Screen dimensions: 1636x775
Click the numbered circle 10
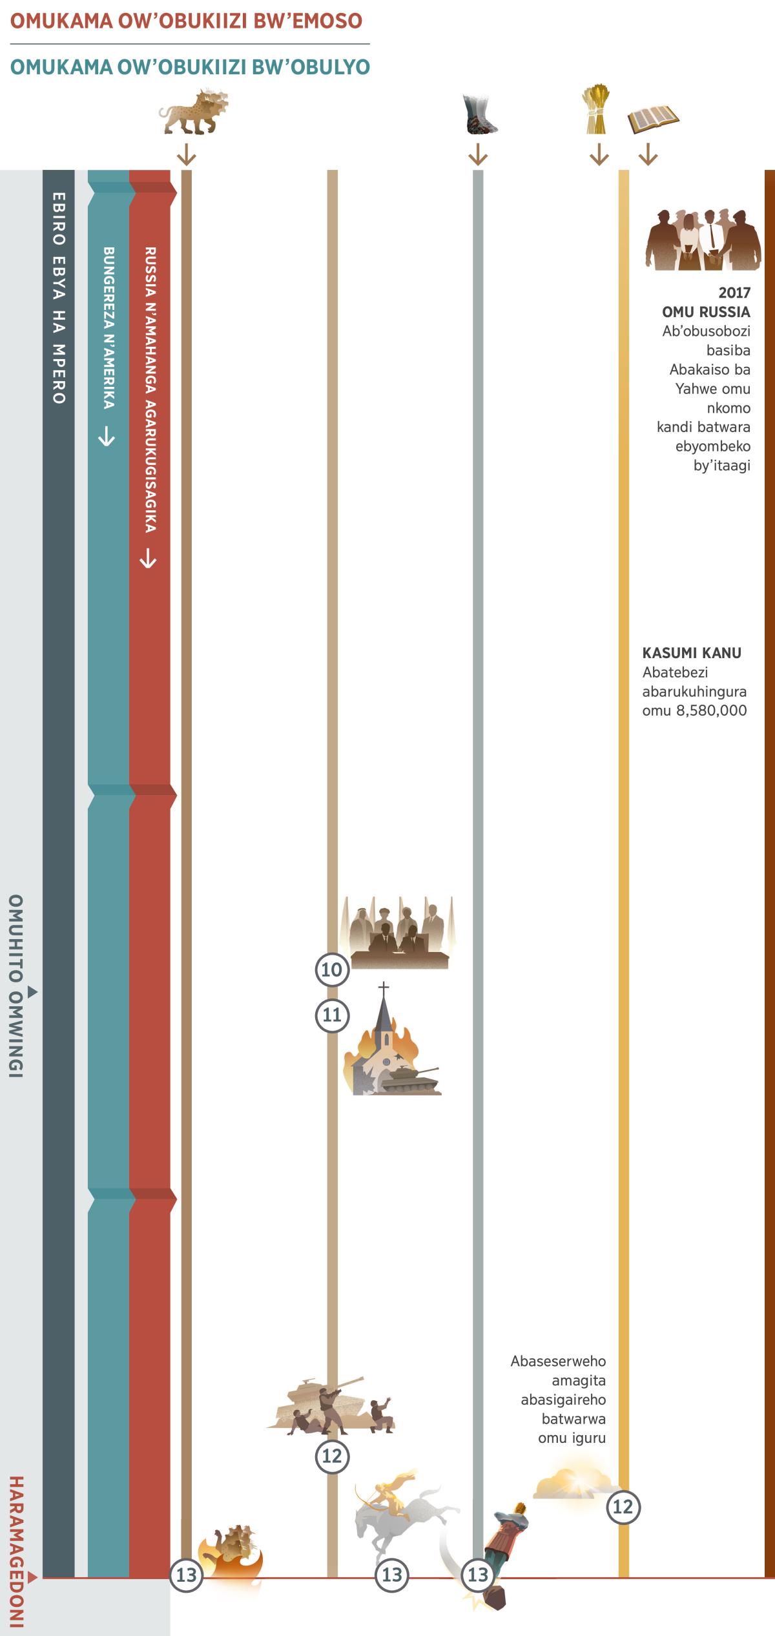(x=331, y=969)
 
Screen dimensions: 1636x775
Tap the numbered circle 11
(x=331, y=1015)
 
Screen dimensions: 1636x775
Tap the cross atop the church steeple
(x=384, y=989)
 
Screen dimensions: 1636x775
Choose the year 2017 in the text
(x=734, y=293)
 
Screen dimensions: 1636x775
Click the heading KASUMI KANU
(x=692, y=652)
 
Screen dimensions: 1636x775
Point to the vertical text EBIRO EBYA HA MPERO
(x=58, y=297)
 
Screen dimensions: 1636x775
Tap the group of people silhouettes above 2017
(x=703, y=239)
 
